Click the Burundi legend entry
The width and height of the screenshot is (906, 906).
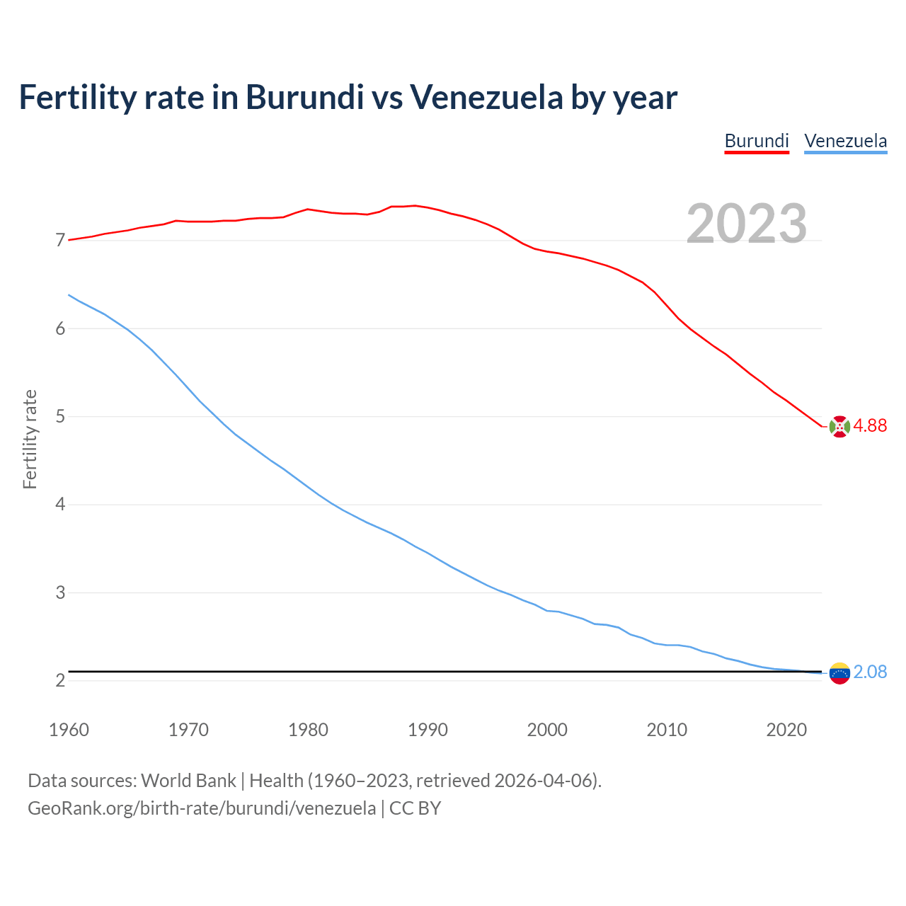(x=757, y=141)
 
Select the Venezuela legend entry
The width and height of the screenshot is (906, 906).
(x=845, y=141)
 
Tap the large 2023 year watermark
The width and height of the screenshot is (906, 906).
(x=747, y=224)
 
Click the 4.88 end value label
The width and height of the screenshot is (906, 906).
(x=870, y=425)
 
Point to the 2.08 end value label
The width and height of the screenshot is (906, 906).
(x=870, y=672)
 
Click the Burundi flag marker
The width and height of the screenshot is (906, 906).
(x=839, y=427)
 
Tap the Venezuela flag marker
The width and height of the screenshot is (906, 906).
(x=839, y=673)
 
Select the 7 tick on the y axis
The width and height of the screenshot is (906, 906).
(x=60, y=241)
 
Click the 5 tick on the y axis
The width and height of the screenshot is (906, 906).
(x=60, y=416)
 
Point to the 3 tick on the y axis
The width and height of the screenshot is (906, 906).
(x=60, y=592)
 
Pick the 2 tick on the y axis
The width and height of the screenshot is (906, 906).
(x=60, y=680)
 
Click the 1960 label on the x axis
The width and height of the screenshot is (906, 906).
(x=69, y=730)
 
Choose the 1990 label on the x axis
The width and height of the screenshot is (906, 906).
(x=428, y=730)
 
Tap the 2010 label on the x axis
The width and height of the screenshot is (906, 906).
(x=667, y=730)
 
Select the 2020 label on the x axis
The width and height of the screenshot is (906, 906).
(x=786, y=730)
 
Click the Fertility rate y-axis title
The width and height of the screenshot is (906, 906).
(x=30, y=439)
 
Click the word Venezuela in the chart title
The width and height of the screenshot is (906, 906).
(x=486, y=97)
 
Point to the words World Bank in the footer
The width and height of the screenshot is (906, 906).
(x=188, y=781)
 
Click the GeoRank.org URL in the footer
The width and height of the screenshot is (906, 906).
(x=202, y=808)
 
